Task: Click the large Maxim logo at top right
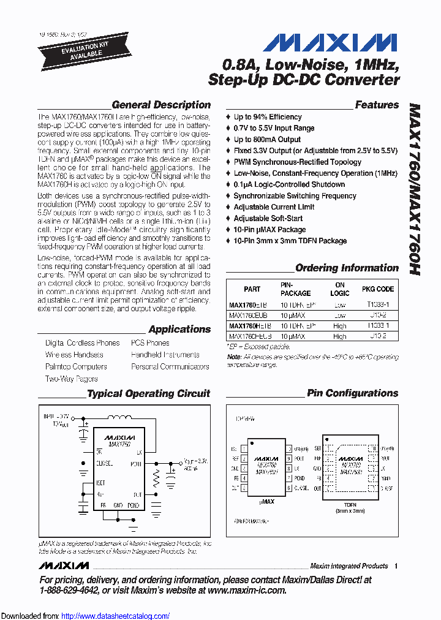click(x=331, y=43)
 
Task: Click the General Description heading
click(x=161, y=105)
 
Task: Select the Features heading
click(x=377, y=105)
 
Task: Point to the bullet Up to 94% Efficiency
click(x=268, y=117)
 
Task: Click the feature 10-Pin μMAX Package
click(x=269, y=229)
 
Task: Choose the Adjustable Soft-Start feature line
click(x=268, y=218)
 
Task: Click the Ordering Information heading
click(x=347, y=268)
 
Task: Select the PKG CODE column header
click(x=378, y=289)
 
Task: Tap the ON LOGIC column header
click(x=340, y=289)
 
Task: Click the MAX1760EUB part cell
click(x=248, y=315)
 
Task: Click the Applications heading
click(x=179, y=329)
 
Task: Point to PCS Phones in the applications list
click(x=150, y=343)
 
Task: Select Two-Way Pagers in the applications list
click(x=71, y=379)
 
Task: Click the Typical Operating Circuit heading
click(x=148, y=393)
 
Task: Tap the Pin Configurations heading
click(x=352, y=393)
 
